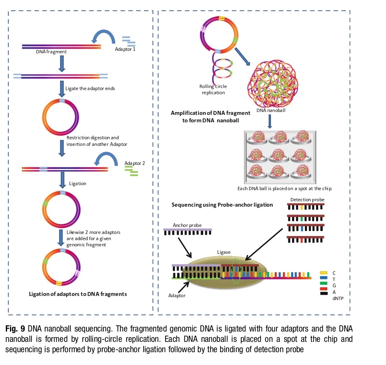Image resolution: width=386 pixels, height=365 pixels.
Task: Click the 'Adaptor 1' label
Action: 125,50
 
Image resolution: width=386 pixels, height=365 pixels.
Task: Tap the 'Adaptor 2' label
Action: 135,162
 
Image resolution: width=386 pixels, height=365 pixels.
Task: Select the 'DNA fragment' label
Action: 51,52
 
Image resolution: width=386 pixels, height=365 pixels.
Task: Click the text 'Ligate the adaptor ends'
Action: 89,88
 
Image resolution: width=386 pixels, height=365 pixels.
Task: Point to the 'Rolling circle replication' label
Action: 213,89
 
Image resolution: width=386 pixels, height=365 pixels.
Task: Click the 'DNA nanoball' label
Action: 271,110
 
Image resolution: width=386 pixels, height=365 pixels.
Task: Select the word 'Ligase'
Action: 224,252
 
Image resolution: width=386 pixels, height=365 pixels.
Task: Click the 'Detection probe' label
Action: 306,200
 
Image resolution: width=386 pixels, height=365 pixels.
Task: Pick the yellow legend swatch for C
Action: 324,273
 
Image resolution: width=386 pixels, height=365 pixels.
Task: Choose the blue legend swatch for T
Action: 324,279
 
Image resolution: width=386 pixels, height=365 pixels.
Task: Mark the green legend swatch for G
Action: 324,285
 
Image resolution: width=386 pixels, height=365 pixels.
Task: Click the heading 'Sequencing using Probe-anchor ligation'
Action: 222,205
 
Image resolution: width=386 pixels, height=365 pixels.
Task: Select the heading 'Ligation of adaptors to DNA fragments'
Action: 78,294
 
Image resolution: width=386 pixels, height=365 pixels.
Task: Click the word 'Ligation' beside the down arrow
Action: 78,184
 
